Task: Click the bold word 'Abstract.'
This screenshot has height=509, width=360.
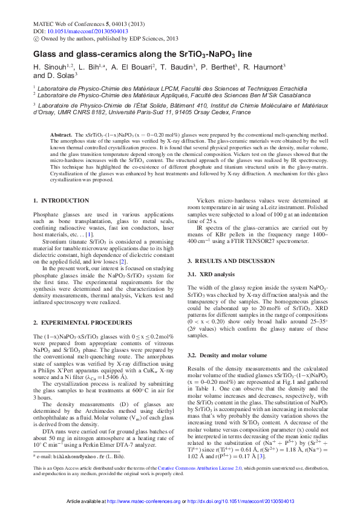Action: click(62, 134)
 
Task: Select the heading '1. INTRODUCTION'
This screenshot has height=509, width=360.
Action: click(61, 200)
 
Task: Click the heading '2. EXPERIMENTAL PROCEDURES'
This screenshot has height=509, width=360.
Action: click(77, 324)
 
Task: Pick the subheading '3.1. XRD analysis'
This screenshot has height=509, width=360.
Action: click(211, 274)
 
